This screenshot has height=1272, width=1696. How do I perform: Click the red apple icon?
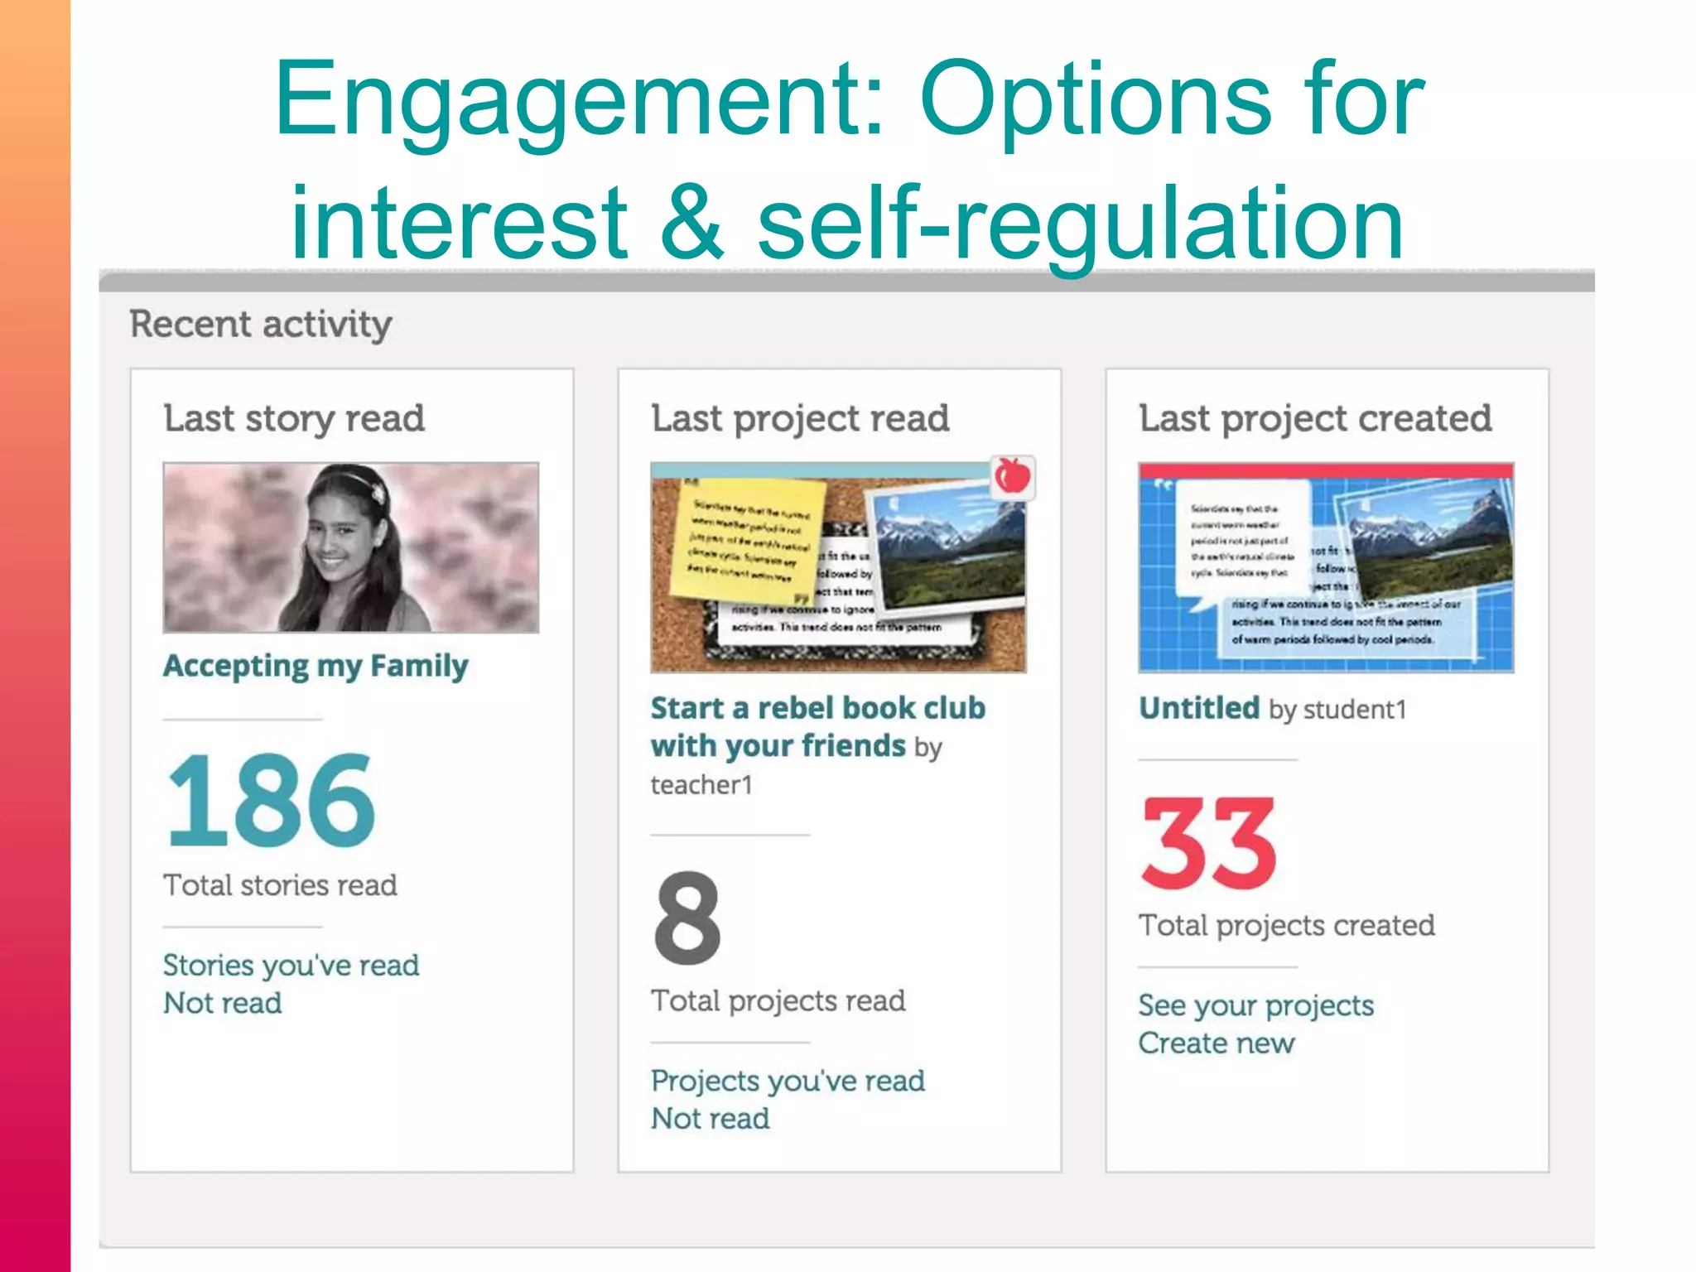coord(1012,476)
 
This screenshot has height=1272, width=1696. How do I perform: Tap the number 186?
coord(271,801)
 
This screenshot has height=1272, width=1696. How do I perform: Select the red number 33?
coord(1208,843)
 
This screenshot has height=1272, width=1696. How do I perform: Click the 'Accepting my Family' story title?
coord(316,666)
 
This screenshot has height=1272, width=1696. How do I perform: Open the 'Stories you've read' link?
coord(291,966)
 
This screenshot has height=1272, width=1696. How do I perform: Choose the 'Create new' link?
coord(1216,1043)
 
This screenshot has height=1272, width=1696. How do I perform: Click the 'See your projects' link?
coord(1255,1005)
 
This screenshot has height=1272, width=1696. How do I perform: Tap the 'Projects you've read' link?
coord(788,1081)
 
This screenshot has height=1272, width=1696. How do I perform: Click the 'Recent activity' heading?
coord(261,324)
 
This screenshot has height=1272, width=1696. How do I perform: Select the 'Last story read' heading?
coord(294,418)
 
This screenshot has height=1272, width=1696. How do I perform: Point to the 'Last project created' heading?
coord(1315,418)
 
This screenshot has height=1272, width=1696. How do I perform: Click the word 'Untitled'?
coord(1199,709)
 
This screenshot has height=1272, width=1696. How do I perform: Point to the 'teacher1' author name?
coord(701,785)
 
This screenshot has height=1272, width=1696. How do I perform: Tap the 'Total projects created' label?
coord(1286,925)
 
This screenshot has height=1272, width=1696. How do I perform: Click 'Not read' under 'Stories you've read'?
coord(223,1004)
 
